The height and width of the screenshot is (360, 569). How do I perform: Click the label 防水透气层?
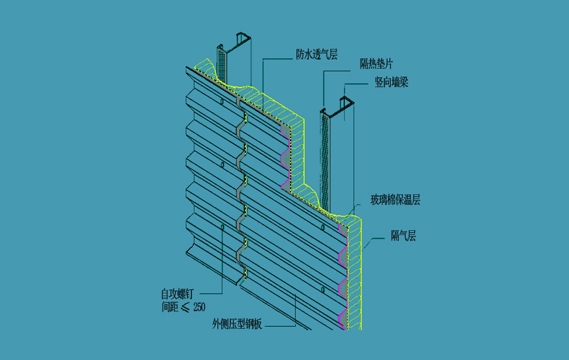coord(317,54)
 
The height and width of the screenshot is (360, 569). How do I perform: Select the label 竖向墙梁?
coord(392,82)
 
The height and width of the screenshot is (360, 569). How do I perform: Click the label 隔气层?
coord(404,236)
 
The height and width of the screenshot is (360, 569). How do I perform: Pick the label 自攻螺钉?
coord(181,294)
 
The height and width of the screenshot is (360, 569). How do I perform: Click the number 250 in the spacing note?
coord(199,307)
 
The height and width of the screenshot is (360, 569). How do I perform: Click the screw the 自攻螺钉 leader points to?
coord(221,227)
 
